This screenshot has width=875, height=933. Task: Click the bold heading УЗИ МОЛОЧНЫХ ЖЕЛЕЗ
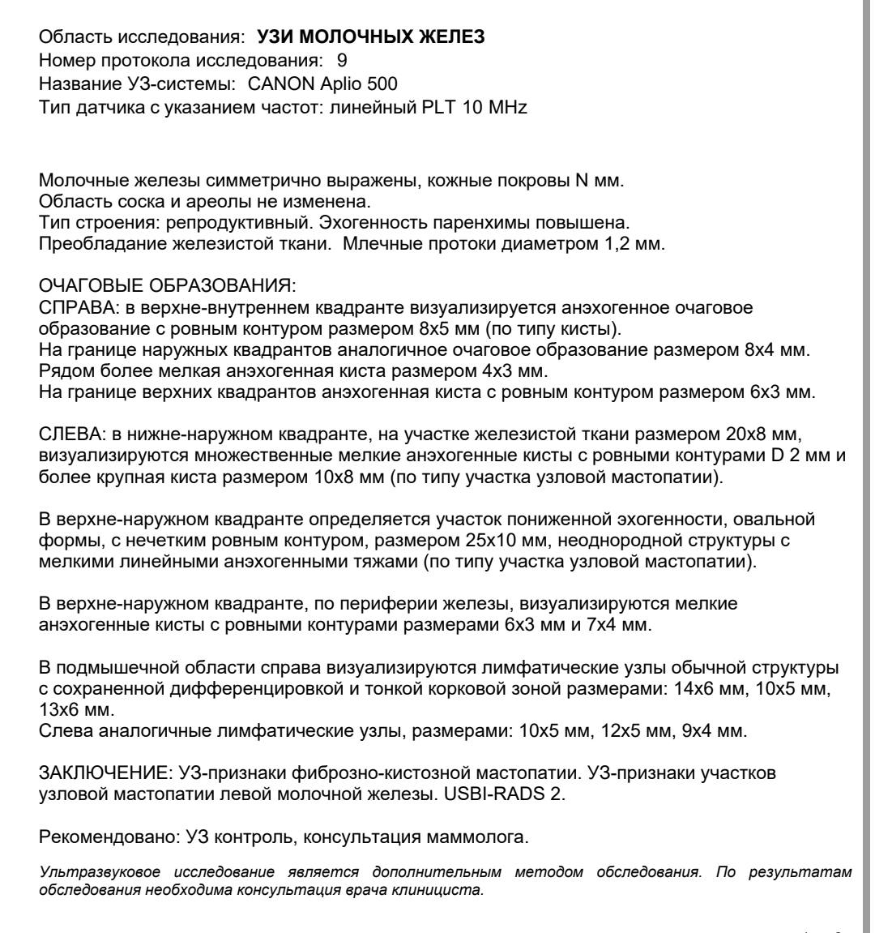371,38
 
